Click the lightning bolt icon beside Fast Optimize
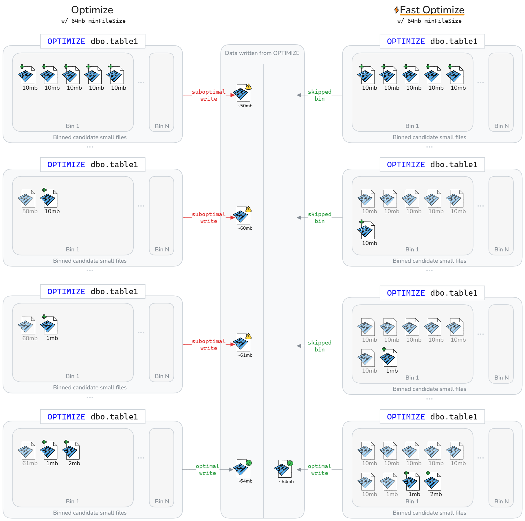point(396,10)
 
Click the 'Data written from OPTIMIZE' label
point(262,53)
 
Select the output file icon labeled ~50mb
point(243,93)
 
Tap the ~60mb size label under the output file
point(245,228)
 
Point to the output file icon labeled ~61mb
point(243,343)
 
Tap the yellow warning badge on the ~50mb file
point(249,87)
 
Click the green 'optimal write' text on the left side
point(208,470)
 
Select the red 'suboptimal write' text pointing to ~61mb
point(209,345)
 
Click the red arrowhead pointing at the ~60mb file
point(232,218)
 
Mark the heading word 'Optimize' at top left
point(92,10)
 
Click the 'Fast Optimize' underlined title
point(432,10)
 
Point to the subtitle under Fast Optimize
point(429,21)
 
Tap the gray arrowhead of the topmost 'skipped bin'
point(299,95)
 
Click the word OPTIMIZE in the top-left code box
point(66,41)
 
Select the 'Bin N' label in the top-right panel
point(501,126)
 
